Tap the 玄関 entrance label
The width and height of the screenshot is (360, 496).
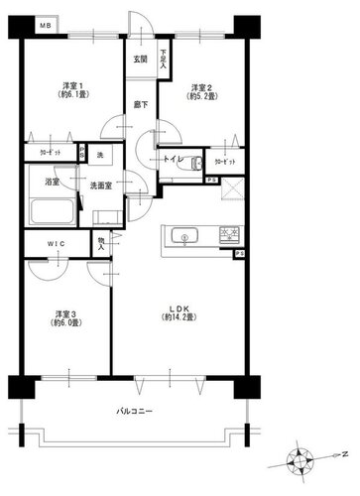[x=142, y=58]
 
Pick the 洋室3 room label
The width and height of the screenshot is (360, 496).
[x=66, y=318]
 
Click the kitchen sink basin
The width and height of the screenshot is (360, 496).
[x=183, y=236]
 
